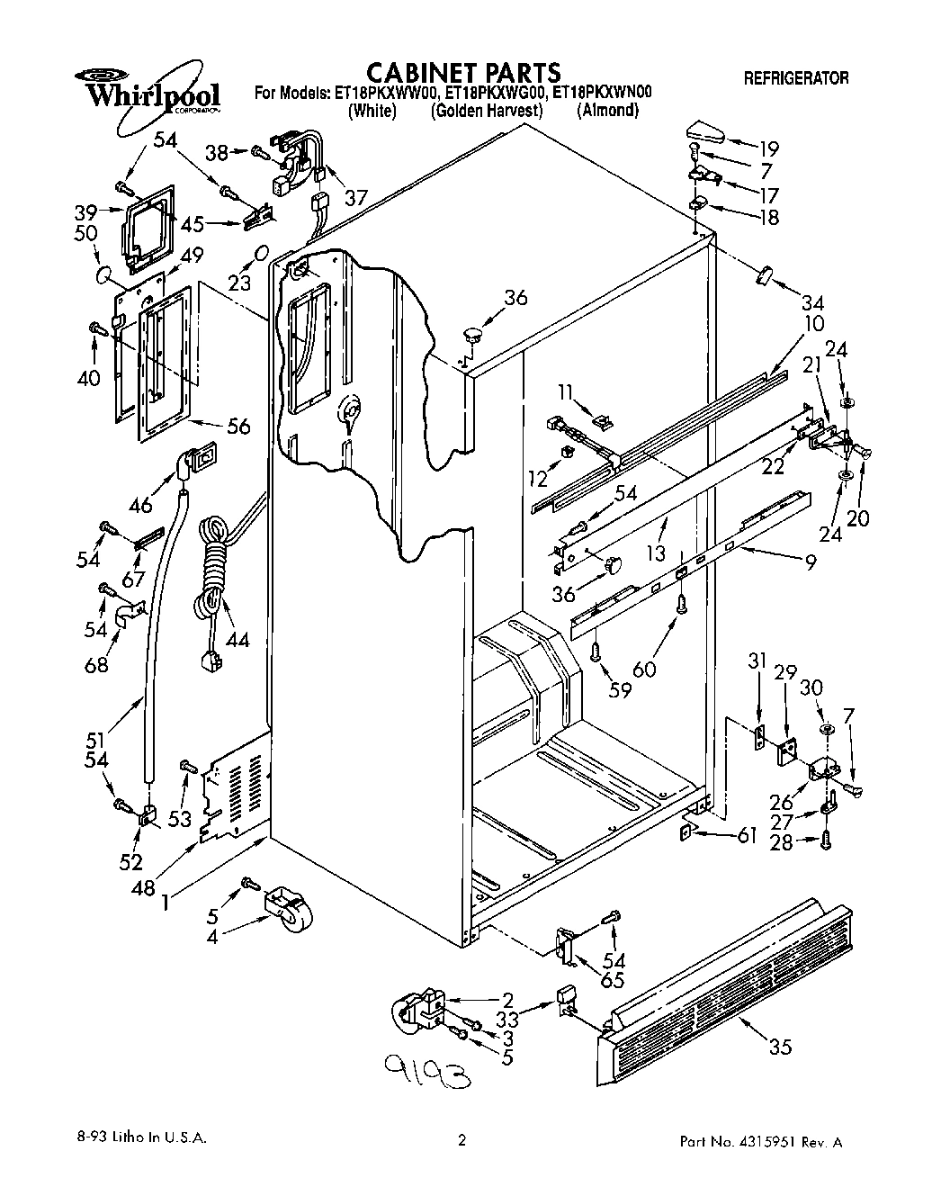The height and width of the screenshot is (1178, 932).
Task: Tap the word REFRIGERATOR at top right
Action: (x=795, y=78)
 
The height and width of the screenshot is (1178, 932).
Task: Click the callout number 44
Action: (x=237, y=640)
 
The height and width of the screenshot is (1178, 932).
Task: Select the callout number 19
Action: (x=767, y=148)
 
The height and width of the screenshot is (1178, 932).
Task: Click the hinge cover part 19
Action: (x=706, y=131)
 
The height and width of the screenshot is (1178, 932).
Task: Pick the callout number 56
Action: (x=238, y=428)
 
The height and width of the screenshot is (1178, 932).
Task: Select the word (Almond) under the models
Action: (x=608, y=111)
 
